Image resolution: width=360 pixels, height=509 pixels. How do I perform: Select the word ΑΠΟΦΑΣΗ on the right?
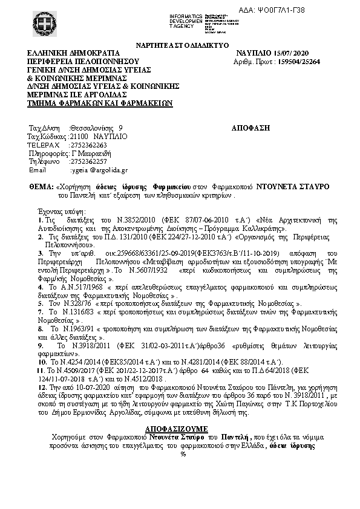tap(250, 128)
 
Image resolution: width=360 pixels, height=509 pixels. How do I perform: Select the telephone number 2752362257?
tap(89, 162)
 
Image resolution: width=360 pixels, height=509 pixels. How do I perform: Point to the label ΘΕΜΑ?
tap(41, 188)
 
